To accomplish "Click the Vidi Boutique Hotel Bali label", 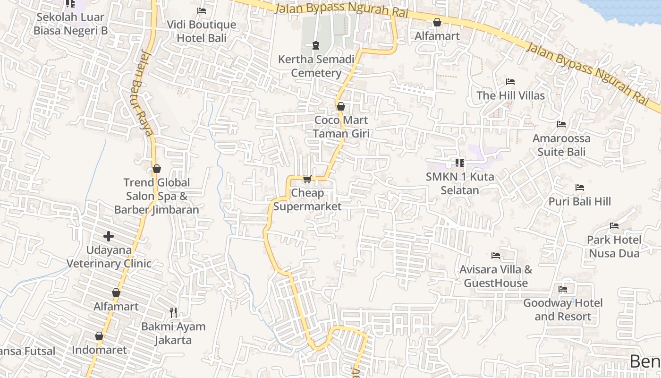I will pyautogui.click(x=202, y=31).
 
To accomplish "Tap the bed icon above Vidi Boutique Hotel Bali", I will pyautogui.click(x=202, y=10).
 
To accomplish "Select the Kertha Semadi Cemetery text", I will pyautogui.click(x=316, y=66).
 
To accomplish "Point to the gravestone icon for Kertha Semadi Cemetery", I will pyautogui.click(x=316, y=45).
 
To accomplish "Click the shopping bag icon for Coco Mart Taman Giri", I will pyautogui.click(x=340, y=106).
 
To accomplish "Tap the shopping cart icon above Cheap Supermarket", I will pyautogui.click(x=307, y=179).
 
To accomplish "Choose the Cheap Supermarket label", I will pyautogui.click(x=307, y=199).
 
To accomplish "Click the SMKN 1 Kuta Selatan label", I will pyautogui.click(x=460, y=183).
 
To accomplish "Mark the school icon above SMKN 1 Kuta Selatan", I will pyautogui.click(x=460, y=163).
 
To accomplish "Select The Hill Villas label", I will pyautogui.click(x=510, y=95).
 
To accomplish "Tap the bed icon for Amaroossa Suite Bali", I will pyautogui.click(x=561, y=124).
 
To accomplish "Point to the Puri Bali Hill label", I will pyautogui.click(x=580, y=201).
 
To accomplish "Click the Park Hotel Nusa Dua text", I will pyautogui.click(x=614, y=246).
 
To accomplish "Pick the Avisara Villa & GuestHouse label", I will pyautogui.click(x=496, y=276).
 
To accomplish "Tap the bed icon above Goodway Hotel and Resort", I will pyautogui.click(x=563, y=289).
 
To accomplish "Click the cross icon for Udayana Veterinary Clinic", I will pyautogui.click(x=109, y=236).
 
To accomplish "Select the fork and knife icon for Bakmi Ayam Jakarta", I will pyautogui.click(x=173, y=312).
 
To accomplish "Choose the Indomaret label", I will pyautogui.click(x=99, y=350).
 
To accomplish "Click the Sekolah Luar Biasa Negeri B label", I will pyautogui.click(x=70, y=24).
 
